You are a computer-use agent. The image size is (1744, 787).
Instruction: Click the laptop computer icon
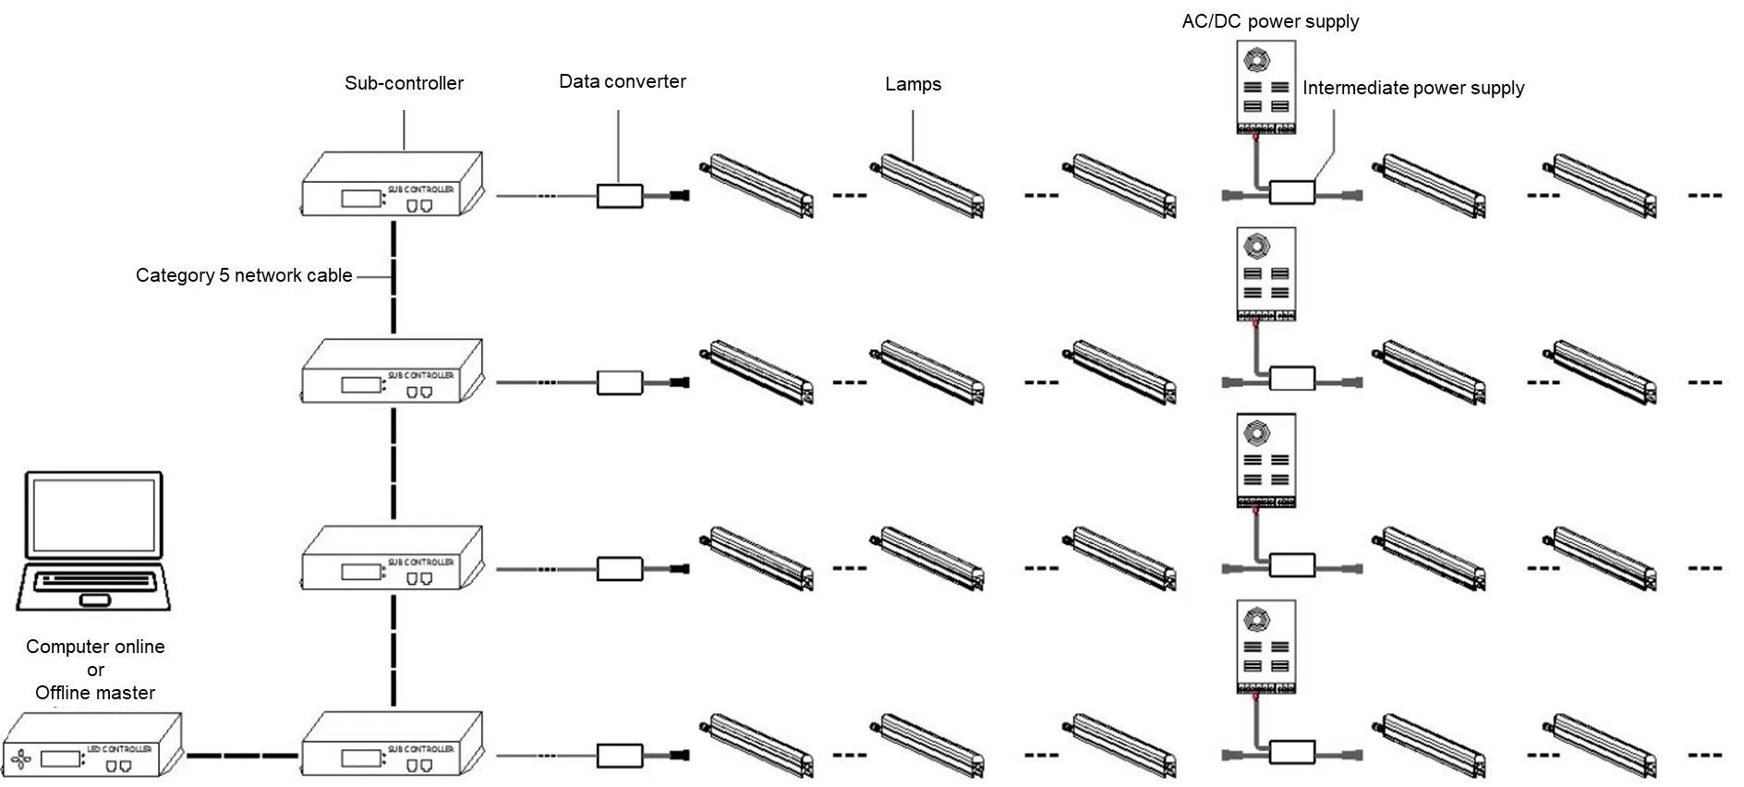coord(93,540)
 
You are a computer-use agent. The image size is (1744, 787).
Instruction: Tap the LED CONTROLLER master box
coord(92,746)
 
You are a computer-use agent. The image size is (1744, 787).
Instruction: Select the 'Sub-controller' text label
coord(404,83)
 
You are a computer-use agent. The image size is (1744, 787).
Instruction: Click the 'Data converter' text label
coord(622,81)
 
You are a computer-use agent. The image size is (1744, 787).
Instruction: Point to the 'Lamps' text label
coord(913,84)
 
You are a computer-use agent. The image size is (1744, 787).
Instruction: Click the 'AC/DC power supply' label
coord(1270,21)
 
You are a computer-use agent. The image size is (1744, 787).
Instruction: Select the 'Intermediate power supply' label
coord(1412,89)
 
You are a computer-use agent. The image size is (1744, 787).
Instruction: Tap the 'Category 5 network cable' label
coord(244,275)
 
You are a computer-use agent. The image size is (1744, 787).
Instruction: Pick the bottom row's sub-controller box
coord(393,745)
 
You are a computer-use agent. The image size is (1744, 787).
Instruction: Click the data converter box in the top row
coord(619,196)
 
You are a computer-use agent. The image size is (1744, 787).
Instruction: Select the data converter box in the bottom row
coord(619,756)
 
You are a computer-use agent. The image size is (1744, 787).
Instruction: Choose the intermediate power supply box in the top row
coord(1291,192)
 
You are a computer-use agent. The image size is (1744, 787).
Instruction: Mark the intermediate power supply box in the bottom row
coord(1291,752)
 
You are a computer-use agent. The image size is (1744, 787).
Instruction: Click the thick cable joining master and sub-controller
coord(242,755)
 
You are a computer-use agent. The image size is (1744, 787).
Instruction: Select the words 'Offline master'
coord(95,693)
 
